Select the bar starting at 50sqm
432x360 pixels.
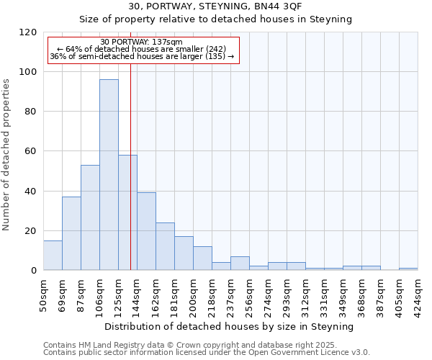coord(53,256)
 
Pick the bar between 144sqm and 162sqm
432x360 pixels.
coord(146,231)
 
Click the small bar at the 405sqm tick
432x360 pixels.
coord(408,269)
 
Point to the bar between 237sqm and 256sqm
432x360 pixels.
coord(240,264)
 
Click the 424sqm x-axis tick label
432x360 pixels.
coord(418,294)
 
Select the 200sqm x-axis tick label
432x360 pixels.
coord(193,294)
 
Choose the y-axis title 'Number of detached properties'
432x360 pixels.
coord(7,155)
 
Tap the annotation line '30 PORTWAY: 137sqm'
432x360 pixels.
coord(142,42)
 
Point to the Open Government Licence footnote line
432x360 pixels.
coord(207,352)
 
